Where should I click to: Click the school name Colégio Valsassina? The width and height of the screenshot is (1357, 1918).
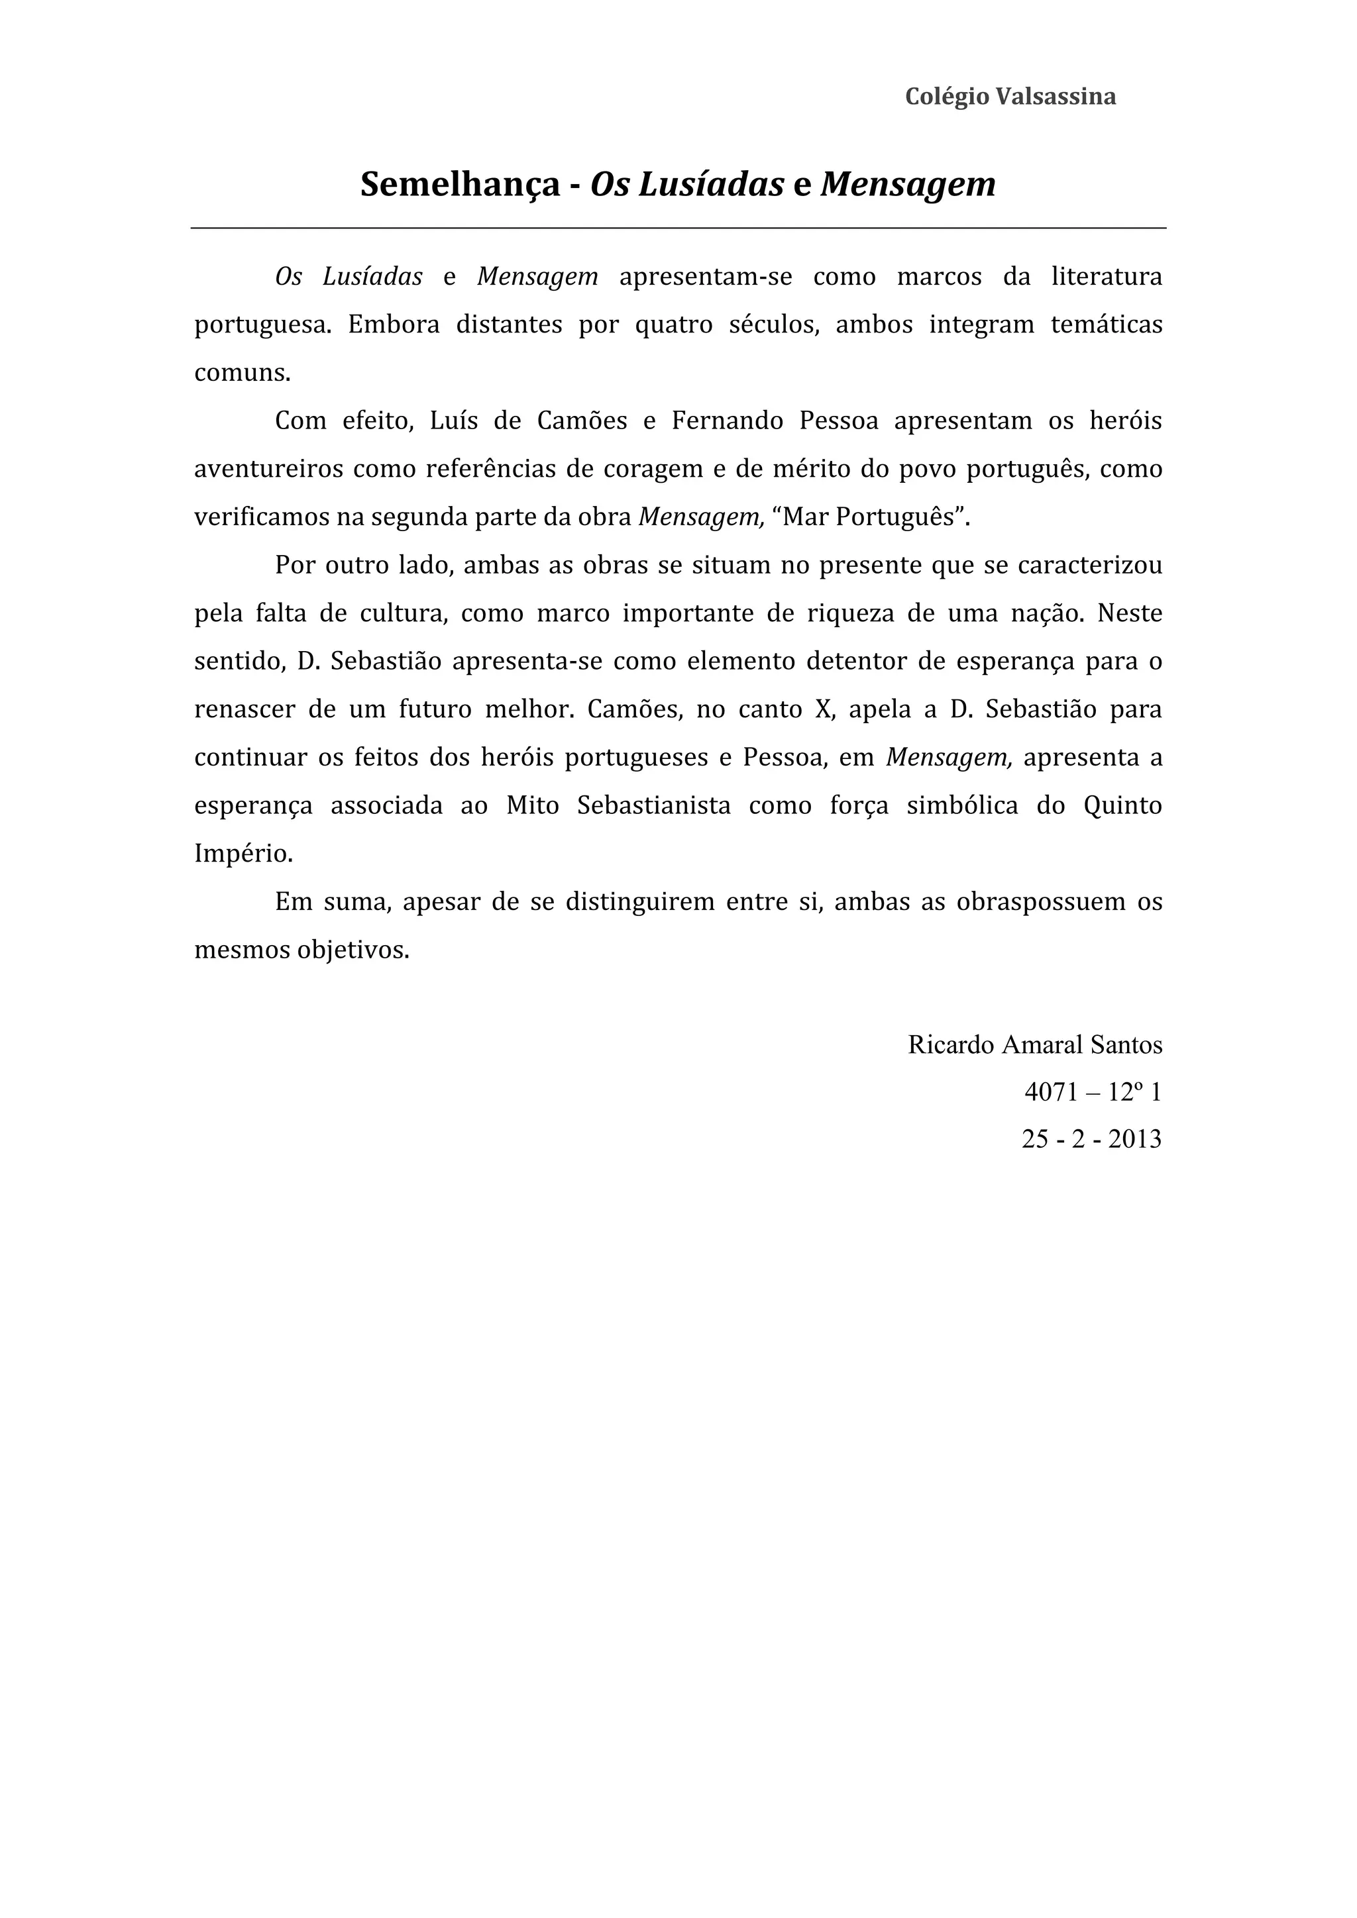tap(1010, 97)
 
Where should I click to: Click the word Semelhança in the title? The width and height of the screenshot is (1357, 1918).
tap(460, 185)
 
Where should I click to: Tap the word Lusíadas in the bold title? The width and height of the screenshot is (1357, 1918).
tap(711, 185)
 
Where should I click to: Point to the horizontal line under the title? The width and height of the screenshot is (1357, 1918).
tap(678, 227)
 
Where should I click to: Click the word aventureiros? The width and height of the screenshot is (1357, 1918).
tap(269, 469)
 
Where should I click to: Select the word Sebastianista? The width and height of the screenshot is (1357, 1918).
tap(653, 806)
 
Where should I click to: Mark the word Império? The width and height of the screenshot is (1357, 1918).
tap(243, 854)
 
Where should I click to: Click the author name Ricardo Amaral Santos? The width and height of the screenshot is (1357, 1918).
tap(1034, 1045)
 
